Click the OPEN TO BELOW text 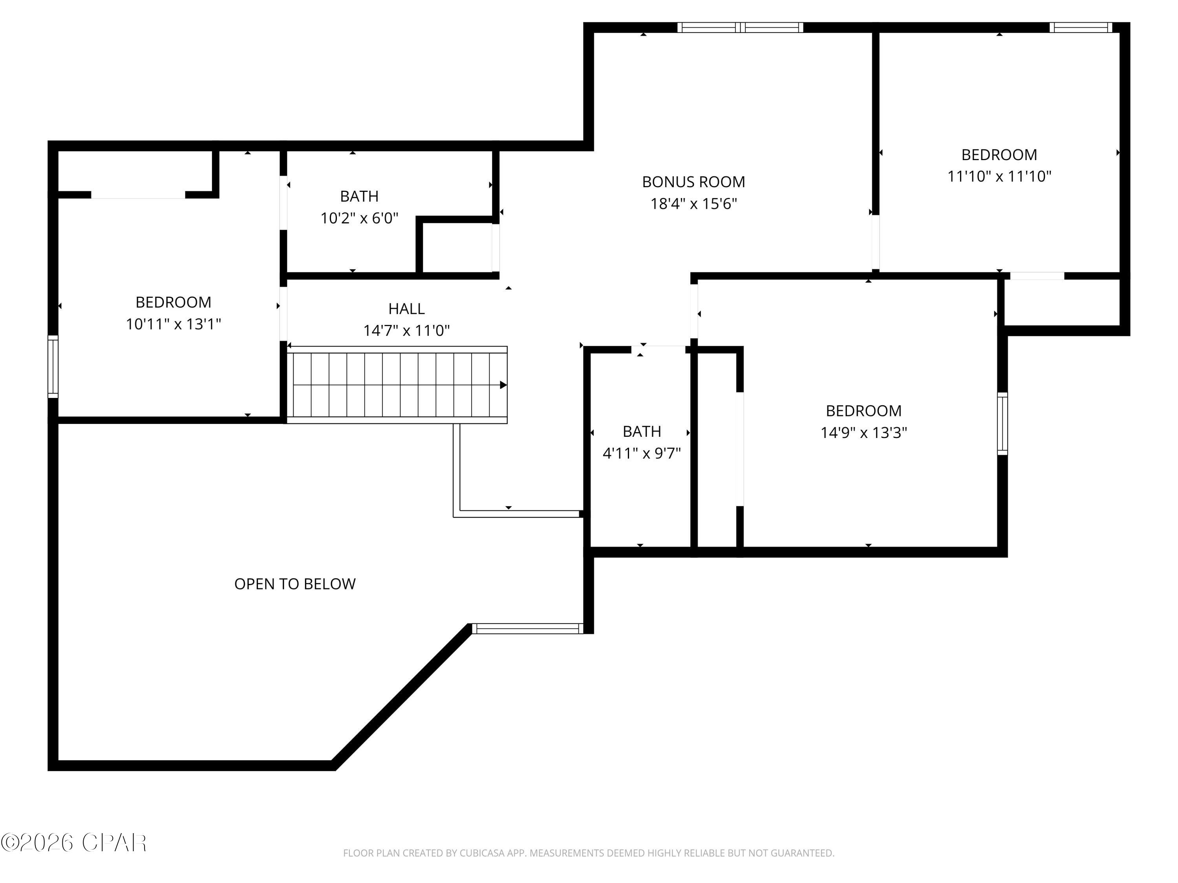pyautogui.click(x=294, y=584)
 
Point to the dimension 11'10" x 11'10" pyautogui.click(x=999, y=176)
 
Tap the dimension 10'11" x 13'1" pyautogui.click(x=173, y=324)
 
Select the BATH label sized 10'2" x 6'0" pyautogui.click(x=359, y=196)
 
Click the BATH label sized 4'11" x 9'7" pyautogui.click(x=641, y=431)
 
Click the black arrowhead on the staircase pyautogui.click(x=503, y=385)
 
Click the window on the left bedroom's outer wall pyautogui.click(x=53, y=367)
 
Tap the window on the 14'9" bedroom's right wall pyautogui.click(x=1002, y=424)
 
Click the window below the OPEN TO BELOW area pyautogui.click(x=527, y=629)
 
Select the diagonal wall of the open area pyautogui.click(x=402, y=696)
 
